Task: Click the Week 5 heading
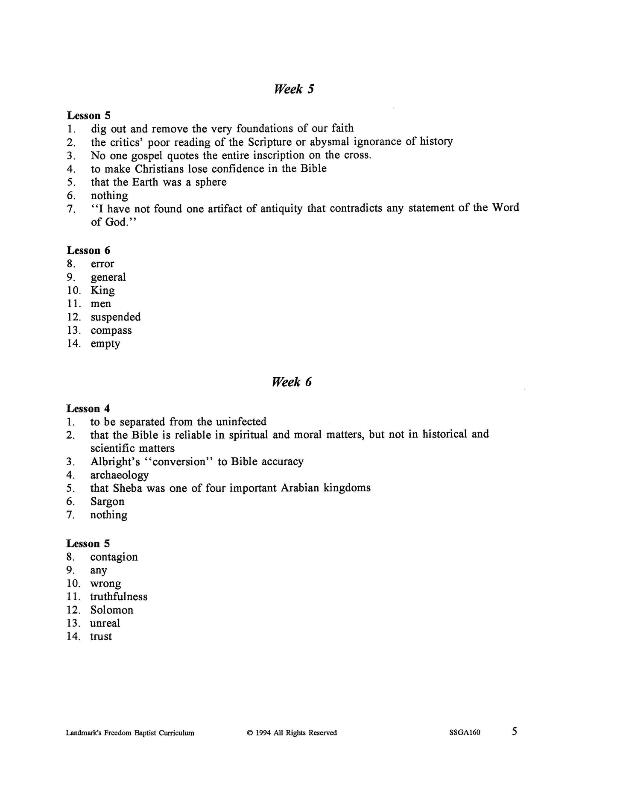click(293, 89)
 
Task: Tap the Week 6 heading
click(292, 382)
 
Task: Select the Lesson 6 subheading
click(88, 250)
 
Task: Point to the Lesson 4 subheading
click(88, 408)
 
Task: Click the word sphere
click(211, 182)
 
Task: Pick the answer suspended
click(115, 317)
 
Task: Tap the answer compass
click(111, 330)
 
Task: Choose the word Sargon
click(107, 501)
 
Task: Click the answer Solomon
click(111, 610)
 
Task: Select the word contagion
click(114, 557)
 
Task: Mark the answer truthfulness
click(119, 596)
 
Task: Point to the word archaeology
click(119, 475)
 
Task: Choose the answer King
click(102, 291)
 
